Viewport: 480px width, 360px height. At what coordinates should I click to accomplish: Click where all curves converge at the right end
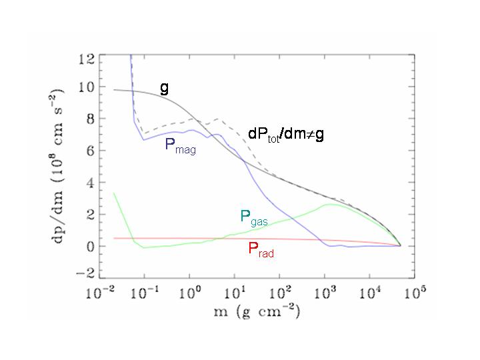pos(399,245)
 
